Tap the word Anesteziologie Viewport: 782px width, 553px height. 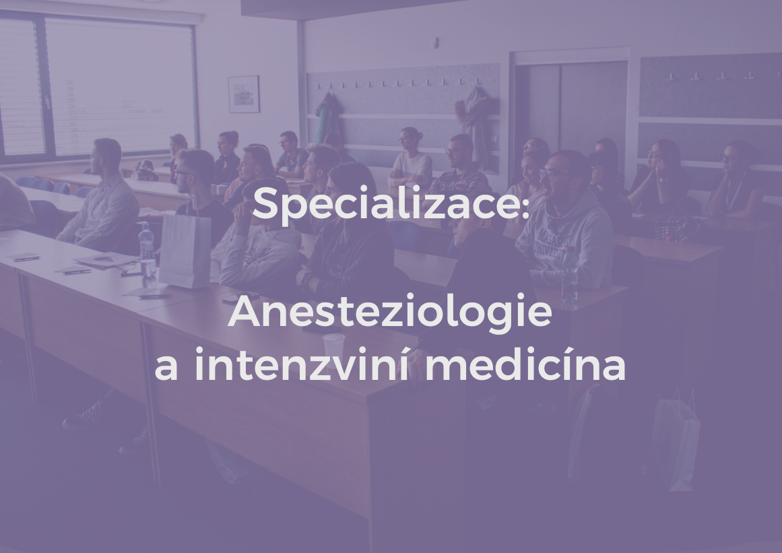tap(390, 313)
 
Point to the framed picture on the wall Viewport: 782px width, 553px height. tap(243, 94)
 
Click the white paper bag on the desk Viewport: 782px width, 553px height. tap(185, 250)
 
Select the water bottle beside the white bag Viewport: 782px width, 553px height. tap(147, 250)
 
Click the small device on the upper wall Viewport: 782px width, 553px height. tap(436, 42)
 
